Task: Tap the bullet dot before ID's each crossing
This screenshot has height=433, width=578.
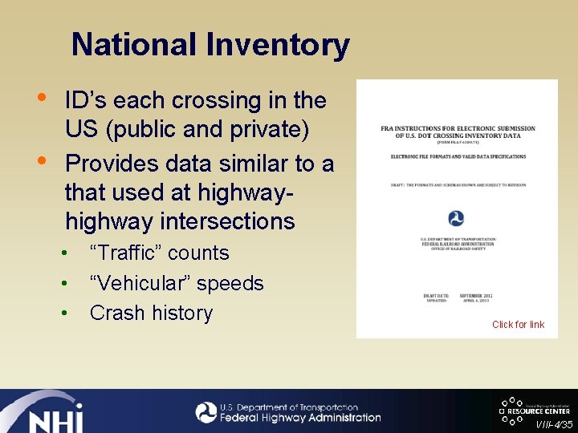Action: pyautogui.click(x=46, y=97)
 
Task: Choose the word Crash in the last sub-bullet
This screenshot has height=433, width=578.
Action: pyautogui.click(x=112, y=313)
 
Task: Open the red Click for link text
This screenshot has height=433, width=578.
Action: pyautogui.click(x=518, y=325)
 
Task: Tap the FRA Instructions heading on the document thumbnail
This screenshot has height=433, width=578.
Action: pyautogui.click(x=458, y=133)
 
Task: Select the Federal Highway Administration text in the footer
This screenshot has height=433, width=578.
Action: pyautogui.click(x=300, y=418)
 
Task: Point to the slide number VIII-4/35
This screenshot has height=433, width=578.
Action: pyautogui.click(x=555, y=425)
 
